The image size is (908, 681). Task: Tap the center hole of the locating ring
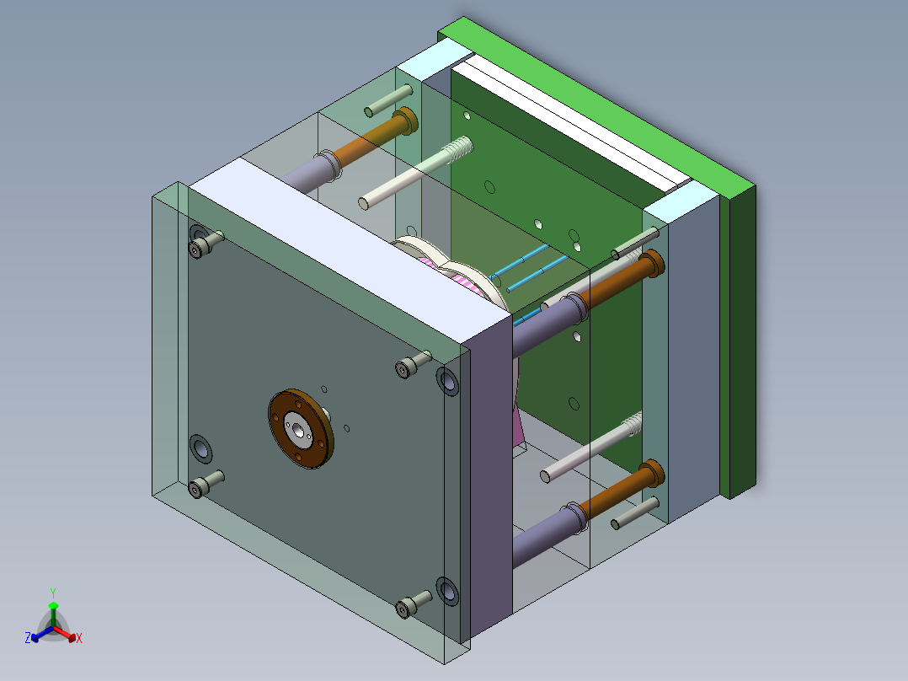coord(299,428)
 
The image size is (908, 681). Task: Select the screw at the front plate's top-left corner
coord(204,245)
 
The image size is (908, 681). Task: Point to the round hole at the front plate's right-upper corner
coord(447,381)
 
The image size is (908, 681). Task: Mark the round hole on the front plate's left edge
coord(200,448)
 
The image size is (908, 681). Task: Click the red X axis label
coord(79,639)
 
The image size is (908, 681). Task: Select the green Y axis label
coord(52,593)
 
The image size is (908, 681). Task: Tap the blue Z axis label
coord(28,639)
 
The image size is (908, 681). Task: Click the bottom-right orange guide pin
coord(623,493)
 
